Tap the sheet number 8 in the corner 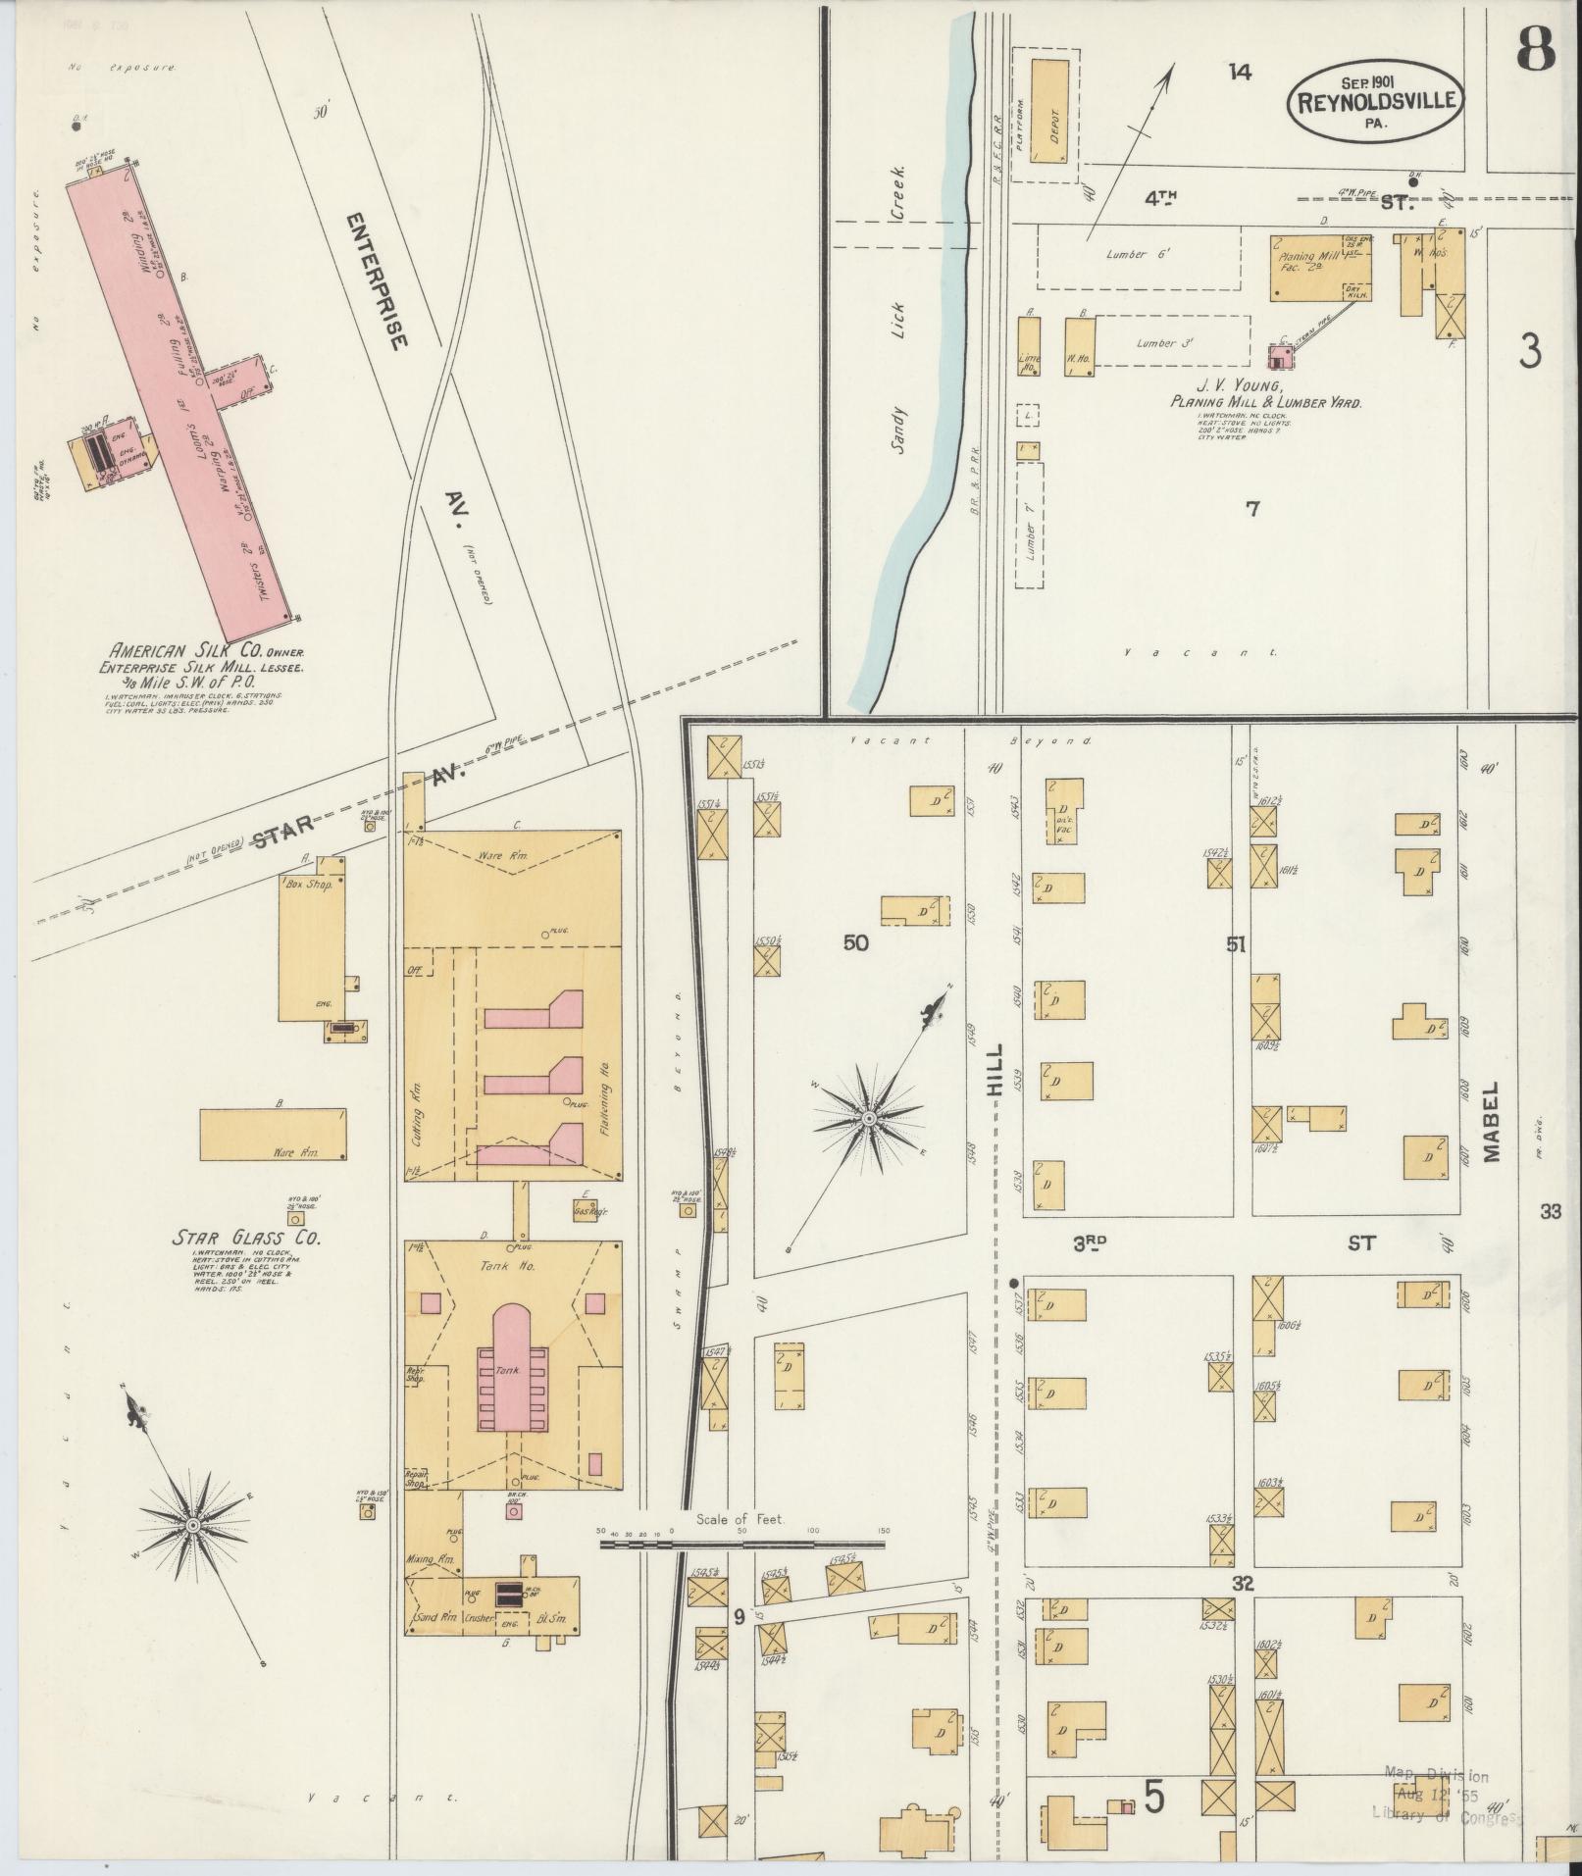click(1535, 49)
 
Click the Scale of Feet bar click(742, 1572)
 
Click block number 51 click(1235, 944)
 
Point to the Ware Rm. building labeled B click(273, 1135)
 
